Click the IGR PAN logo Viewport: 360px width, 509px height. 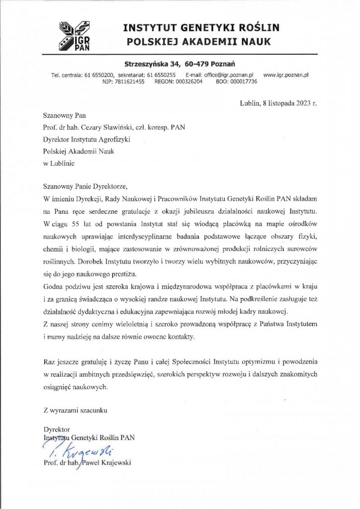click(75, 35)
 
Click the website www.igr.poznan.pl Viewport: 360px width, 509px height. click(286, 75)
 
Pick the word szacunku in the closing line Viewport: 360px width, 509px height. click(93, 411)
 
